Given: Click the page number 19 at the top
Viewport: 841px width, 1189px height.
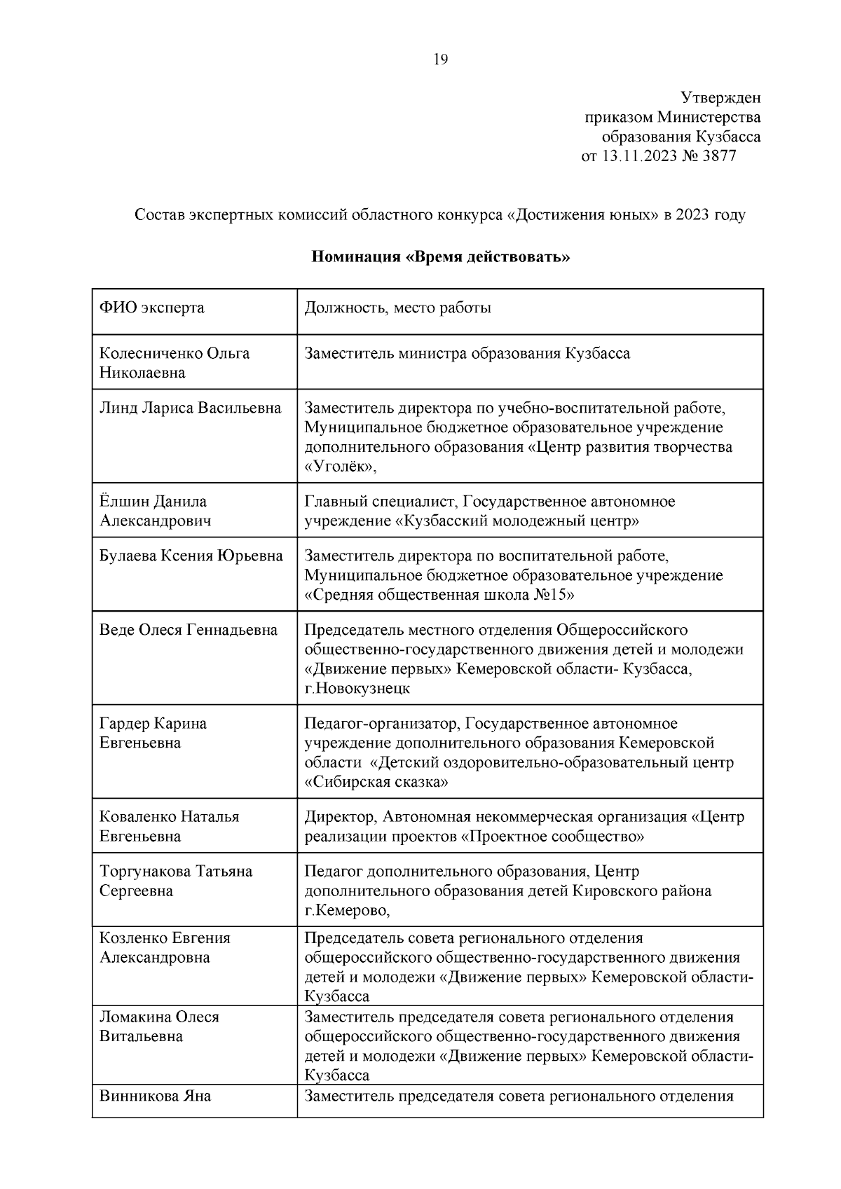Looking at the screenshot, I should [441, 60].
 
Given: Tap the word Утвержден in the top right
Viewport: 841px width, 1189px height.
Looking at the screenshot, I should [720, 97].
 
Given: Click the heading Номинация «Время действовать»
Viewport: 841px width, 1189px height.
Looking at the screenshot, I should [440, 256].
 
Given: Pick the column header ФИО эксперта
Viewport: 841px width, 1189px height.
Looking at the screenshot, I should [152, 308].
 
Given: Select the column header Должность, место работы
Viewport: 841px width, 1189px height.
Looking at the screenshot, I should [397, 308].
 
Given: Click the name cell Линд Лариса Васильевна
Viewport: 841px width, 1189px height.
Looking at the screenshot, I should [190, 408].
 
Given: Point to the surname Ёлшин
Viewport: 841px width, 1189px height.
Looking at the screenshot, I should [121, 502].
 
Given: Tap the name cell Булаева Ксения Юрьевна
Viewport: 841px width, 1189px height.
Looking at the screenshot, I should [191, 556].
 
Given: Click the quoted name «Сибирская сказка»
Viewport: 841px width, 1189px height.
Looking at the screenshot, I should [376, 782].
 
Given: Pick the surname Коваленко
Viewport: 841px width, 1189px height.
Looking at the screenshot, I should [137, 817].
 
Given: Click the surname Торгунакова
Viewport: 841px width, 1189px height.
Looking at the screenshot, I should [144, 872].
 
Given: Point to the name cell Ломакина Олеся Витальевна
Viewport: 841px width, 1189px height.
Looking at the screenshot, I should [159, 1026].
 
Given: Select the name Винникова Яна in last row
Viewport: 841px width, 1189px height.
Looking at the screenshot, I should [155, 1096].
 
